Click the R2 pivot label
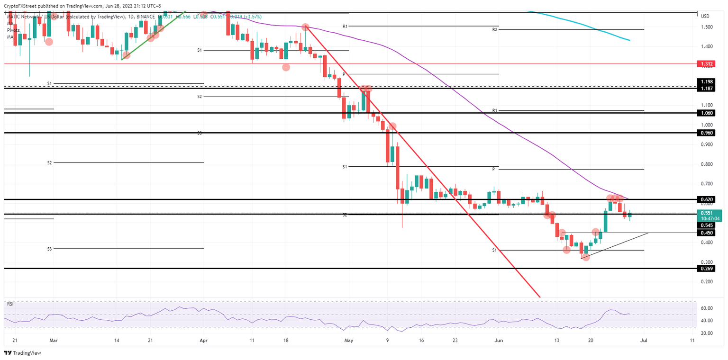point(494,29)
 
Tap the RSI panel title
point(10,303)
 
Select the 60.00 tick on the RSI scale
point(707,308)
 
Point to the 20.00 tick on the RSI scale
point(707,333)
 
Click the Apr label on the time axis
point(203,340)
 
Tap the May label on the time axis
point(349,340)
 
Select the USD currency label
point(705,16)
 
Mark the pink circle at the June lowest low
point(586,257)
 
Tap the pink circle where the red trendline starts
point(306,27)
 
